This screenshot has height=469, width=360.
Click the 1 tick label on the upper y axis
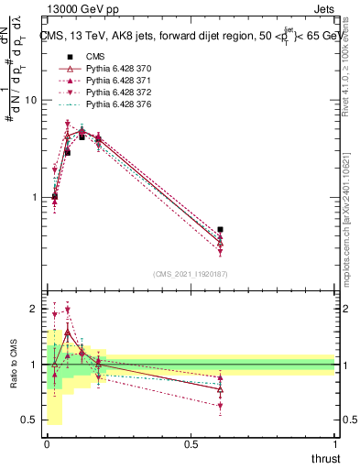tap(34, 197)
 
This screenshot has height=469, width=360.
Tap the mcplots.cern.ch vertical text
tap(346, 211)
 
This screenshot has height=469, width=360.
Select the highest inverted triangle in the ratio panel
tap(67, 311)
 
